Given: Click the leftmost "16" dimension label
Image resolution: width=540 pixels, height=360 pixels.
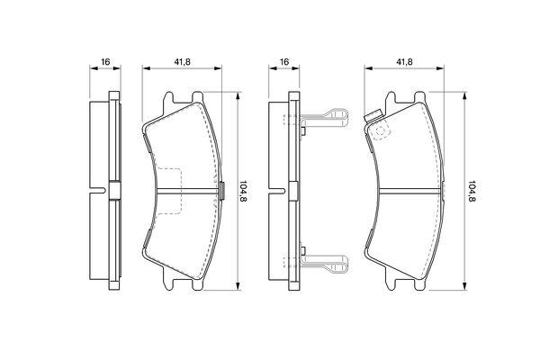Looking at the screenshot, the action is coord(105,62).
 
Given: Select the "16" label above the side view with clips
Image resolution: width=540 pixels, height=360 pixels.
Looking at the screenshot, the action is coord(284,62).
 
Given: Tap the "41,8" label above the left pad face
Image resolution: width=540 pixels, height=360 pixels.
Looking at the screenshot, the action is coord(182,62).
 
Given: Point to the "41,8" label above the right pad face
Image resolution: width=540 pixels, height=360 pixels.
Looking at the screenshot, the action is coord(404,62).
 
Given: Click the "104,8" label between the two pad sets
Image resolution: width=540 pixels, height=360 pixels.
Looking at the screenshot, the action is coord(243,191).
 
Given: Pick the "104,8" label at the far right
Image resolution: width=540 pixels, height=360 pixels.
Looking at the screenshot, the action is coord(472,191).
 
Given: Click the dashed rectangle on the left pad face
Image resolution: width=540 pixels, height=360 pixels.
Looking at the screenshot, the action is coord(169,191).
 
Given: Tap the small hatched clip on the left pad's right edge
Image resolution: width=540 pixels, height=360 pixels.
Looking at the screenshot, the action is coord(222,191).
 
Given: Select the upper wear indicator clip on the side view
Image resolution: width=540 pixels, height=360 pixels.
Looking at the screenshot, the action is coord(324,118).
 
